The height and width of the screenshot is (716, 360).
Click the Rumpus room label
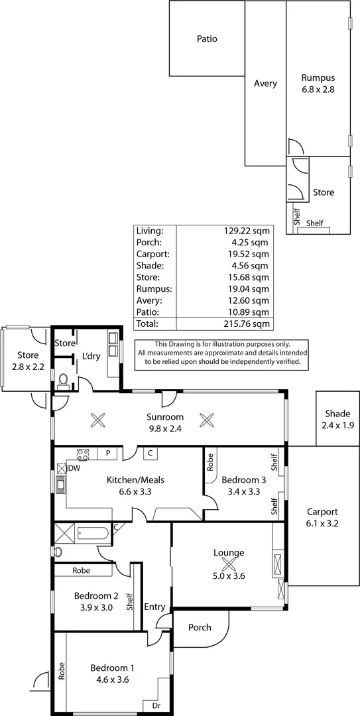(x=318, y=77)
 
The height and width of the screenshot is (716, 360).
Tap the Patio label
(x=207, y=39)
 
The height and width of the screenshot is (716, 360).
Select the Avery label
(x=265, y=84)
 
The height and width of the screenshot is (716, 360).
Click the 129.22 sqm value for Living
(x=247, y=231)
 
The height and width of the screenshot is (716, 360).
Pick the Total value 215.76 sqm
(x=247, y=324)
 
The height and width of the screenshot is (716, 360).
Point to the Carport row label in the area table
(x=152, y=254)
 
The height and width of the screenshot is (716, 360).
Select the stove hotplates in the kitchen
(x=84, y=455)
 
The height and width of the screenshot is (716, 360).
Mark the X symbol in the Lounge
(x=229, y=564)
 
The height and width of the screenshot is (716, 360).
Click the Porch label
(x=200, y=627)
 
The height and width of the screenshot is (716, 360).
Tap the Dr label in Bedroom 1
(x=156, y=706)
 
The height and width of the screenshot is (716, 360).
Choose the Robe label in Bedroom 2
(x=82, y=570)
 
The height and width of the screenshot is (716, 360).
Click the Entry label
(x=154, y=607)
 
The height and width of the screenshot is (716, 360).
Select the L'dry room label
(x=91, y=356)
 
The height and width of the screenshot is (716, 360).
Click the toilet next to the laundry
(x=63, y=380)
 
